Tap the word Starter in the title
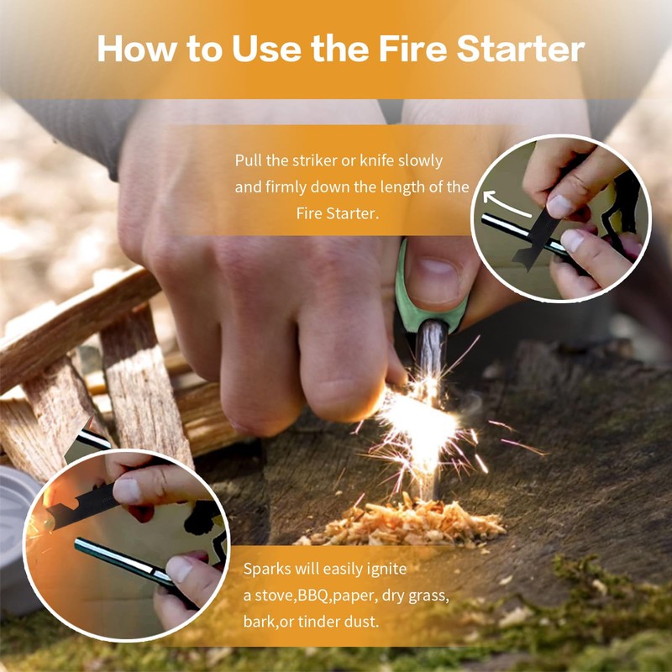point(520,49)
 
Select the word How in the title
point(137,49)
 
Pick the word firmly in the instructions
point(286,187)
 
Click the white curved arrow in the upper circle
point(506,204)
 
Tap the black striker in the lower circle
point(81,507)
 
